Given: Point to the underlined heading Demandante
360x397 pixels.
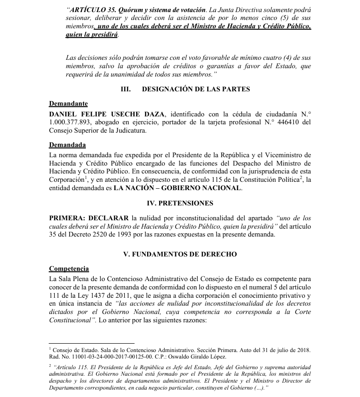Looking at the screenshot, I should (68, 104).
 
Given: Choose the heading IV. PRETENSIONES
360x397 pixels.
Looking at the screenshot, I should (180, 203).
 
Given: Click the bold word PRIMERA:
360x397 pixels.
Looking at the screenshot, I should (67, 218).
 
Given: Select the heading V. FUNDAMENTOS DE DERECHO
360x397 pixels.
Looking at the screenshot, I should (180, 254).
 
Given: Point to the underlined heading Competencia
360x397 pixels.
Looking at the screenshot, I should (69, 269).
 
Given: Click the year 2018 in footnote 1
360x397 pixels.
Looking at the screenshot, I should (302, 349).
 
